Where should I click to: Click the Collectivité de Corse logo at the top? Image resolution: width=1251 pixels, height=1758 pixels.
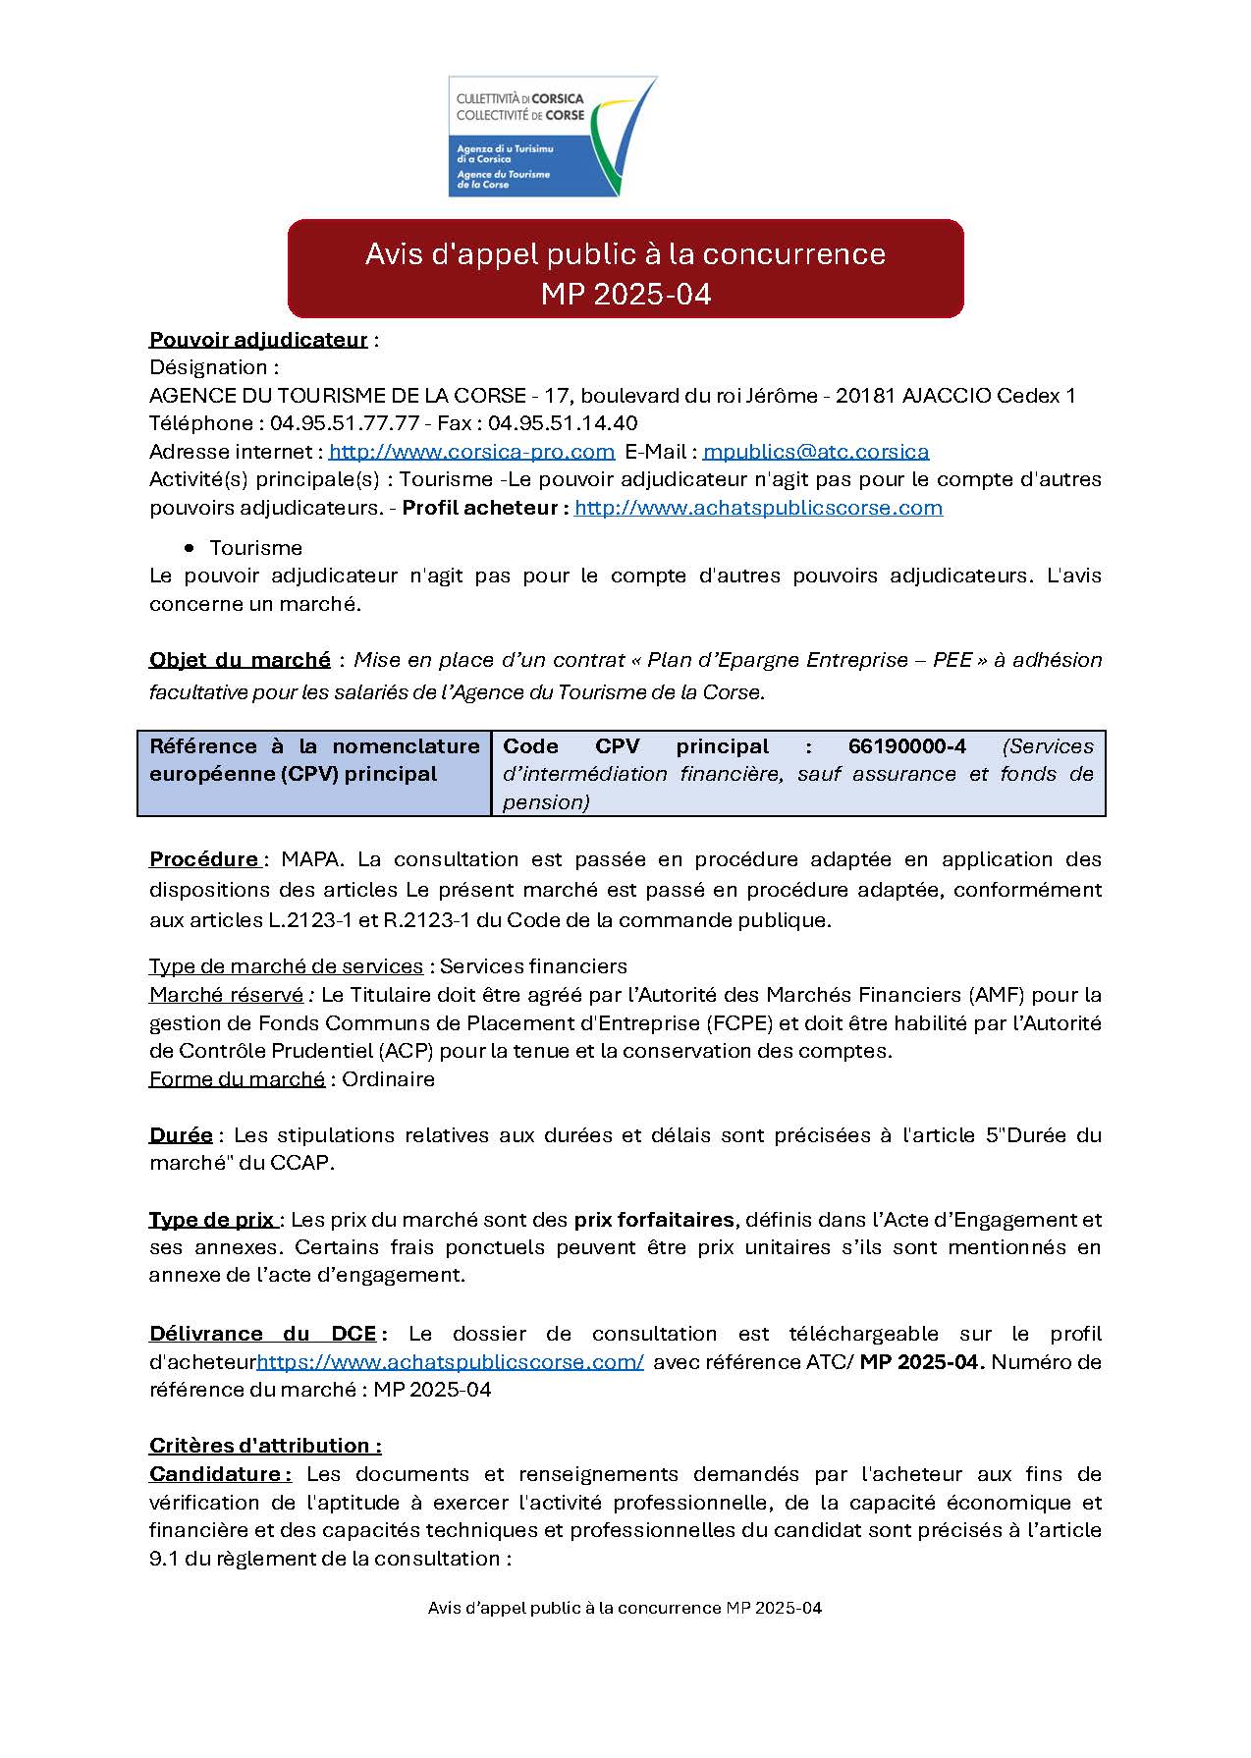pos(552,137)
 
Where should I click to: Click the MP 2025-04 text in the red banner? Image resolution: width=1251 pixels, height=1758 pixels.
pos(625,295)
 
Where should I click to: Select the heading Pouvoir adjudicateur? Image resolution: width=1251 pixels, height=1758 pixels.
pos(258,340)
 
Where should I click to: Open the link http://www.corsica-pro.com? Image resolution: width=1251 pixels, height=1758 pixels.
pos(471,452)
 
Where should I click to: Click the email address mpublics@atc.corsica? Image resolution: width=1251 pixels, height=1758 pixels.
pos(816,452)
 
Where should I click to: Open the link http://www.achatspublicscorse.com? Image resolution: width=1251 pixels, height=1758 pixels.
pos(758,508)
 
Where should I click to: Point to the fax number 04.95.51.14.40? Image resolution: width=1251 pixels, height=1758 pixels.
pos(563,423)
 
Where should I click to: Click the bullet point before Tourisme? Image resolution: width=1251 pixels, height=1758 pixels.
pos(190,548)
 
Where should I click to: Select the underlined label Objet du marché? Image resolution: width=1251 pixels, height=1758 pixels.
pos(240,660)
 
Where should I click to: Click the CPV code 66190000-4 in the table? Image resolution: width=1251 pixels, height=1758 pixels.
pos(906,746)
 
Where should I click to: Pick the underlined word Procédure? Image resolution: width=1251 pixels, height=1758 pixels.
pos(204,859)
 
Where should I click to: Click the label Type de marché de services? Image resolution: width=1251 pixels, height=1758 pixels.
pos(286,966)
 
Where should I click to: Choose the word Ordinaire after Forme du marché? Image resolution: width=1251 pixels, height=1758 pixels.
pos(388,1079)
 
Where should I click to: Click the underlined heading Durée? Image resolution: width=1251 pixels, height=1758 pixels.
pos(181,1135)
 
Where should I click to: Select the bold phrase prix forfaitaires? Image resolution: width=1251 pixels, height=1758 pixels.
pos(654,1220)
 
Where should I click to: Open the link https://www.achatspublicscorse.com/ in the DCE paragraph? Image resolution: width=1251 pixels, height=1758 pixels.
pos(450,1362)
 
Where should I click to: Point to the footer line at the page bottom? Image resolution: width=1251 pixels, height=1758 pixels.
pos(625,1608)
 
